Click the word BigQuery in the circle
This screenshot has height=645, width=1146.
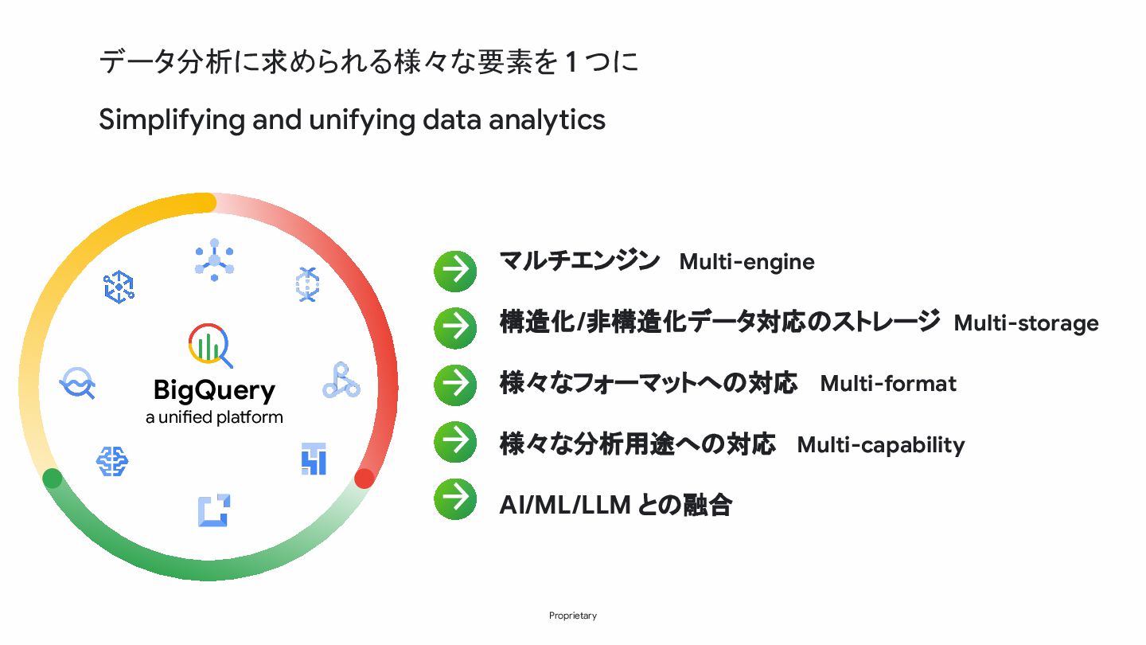click(x=214, y=391)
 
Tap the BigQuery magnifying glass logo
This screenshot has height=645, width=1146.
click(x=210, y=345)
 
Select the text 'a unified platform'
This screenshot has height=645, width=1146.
click(x=214, y=417)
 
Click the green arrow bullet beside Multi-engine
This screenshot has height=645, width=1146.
click(x=455, y=272)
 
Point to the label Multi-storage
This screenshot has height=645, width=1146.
click(x=1026, y=323)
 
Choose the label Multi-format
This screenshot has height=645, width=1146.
click(x=888, y=384)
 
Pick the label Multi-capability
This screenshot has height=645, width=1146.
click(x=880, y=444)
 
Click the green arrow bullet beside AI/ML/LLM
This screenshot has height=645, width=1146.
click(x=455, y=499)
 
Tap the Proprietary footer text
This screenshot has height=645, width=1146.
click(x=572, y=616)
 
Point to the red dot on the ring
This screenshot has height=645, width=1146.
click(x=364, y=479)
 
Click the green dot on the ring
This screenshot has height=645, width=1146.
click(x=53, y=479)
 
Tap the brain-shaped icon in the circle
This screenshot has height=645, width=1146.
click(x=112, y=460)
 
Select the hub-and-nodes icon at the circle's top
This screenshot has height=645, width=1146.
click(x=214, y=260)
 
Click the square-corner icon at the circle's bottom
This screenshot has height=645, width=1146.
click(x=214, y=510)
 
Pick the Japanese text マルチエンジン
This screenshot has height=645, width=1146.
click(x=579, y=261)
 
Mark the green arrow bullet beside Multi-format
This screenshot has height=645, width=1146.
click(x=455, y=385)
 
